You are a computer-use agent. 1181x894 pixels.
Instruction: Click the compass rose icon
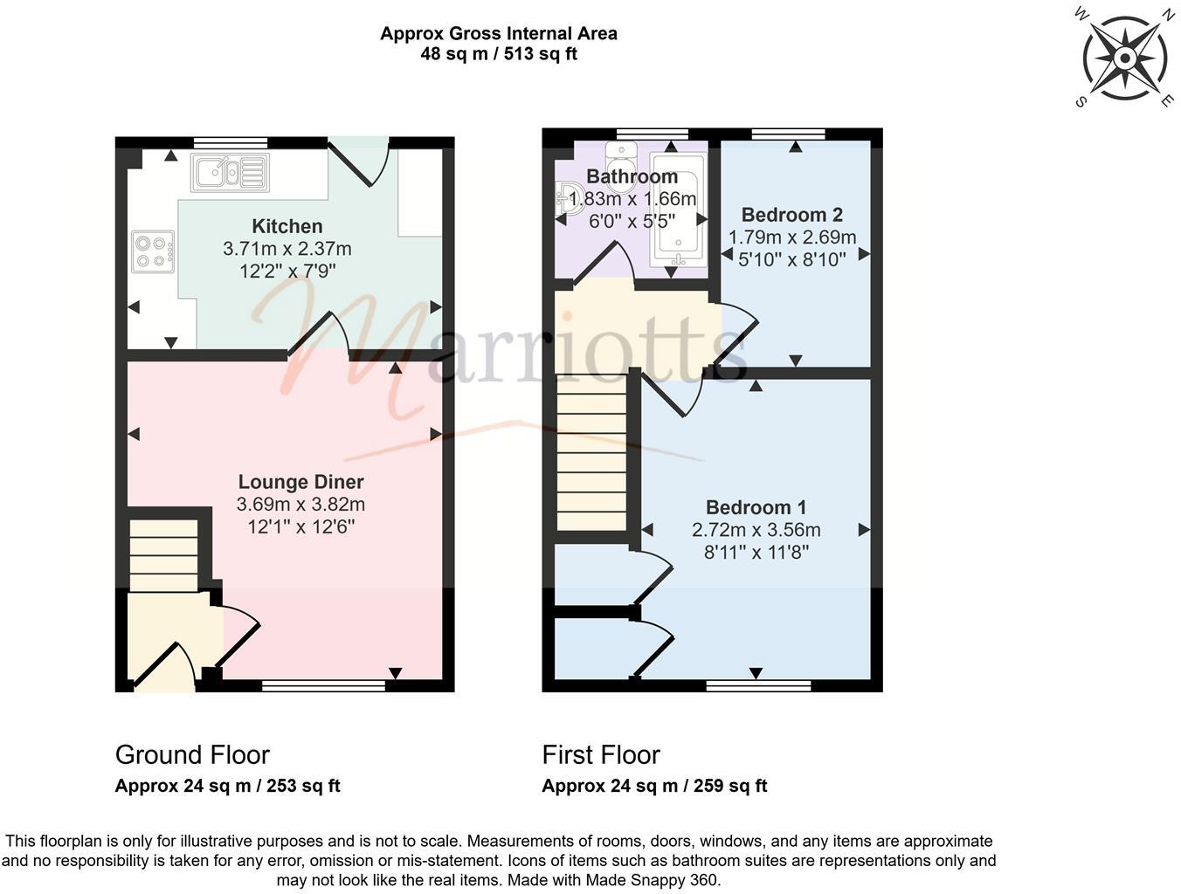pyautogui.click(x=1125, y=58)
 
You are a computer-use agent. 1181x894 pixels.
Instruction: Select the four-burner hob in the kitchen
pyautogui.click(x=153, y=251)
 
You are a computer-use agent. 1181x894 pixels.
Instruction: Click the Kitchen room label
pyautogui.click(x=287, y=227)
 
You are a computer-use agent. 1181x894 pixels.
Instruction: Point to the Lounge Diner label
pyautogui.click(x=300, y=482)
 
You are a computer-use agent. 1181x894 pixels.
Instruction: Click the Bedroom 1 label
pyautogui.click(x=756, y=507)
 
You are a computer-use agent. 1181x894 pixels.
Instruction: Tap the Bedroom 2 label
pyautogui.click(x=791, y=215)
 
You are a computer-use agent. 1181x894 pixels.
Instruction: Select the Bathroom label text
pyautogui.click(x=632, y=177)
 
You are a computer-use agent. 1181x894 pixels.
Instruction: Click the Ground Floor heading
pyautogui.click(x=192, y=754)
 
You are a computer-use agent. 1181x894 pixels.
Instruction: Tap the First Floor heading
pyautogui.click(x=601, y=754)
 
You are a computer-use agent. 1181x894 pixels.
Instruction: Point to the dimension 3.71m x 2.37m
pyautogui.click(x=287, y=250)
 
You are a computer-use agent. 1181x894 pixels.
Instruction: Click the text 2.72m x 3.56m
pyautogui.click(x=756, y=530)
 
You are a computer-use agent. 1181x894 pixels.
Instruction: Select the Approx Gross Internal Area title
pyautogui.click(x=498, y=34)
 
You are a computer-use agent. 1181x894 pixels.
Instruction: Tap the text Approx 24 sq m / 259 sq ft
pyautogui.click(x=654, y=786)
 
